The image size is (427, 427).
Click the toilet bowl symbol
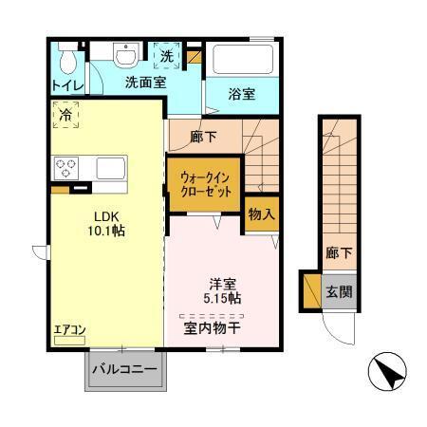pos(67,61)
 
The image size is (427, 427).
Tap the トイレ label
pos(67,86)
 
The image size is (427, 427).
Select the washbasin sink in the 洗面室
pos(125,56)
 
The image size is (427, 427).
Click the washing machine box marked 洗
pos(166,57)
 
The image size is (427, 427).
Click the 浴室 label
pos(242,94)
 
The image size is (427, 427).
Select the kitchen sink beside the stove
pos(109,169)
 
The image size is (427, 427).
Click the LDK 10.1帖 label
pos(107,222)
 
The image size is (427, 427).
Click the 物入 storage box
pos(261,214)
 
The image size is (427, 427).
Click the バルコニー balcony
pos(124,370)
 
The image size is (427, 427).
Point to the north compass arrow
pos(389,371)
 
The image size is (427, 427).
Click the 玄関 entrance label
pos(338,291)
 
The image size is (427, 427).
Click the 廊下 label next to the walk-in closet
pos(203,137)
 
